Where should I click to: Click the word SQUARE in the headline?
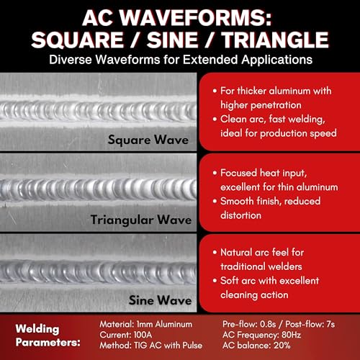[77, 40]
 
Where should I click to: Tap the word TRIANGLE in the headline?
[275, 40]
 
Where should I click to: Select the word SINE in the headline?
[172, 40]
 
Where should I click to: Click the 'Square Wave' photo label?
[148, 140]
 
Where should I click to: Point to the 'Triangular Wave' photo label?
[141, 220]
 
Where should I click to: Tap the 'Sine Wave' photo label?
[160, 300]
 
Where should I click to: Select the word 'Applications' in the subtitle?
[277, 60]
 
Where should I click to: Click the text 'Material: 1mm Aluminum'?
[146, 324]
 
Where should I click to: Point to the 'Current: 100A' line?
[126, 335]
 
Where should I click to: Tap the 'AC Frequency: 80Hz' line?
[261, 335]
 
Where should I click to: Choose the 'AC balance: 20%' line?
[256, 346]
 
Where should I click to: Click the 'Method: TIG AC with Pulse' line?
[151, 346]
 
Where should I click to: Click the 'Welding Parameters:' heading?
[48, 336]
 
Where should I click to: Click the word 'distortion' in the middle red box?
[240, 215]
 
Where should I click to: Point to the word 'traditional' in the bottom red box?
[261, 266]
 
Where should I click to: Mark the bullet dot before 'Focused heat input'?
[215, 173]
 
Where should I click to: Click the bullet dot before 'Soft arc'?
[215, 281]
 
